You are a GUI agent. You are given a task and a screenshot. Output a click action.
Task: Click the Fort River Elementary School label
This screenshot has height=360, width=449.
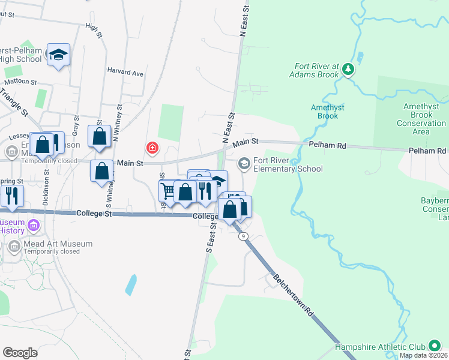(x=288, y=164)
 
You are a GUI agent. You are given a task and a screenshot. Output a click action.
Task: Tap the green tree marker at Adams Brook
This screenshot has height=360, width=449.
(x=348, y=70)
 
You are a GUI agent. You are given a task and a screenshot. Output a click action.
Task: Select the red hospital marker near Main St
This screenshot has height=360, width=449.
(x=153, y=147)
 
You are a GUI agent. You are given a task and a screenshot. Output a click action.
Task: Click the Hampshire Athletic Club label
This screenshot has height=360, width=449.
(x=379, y=347)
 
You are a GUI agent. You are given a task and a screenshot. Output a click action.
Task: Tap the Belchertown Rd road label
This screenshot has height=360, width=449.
(x=294, y=296)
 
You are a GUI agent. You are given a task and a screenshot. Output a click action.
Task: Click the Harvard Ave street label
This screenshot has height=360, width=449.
(x=125, y=73)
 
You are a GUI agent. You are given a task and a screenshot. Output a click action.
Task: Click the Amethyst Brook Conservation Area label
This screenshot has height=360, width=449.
(x=421, y=119)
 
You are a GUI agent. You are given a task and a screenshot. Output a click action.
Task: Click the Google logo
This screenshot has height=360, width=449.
(x=20, y=352)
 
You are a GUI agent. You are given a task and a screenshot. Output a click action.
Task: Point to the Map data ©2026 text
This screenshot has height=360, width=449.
(x=424, y=355)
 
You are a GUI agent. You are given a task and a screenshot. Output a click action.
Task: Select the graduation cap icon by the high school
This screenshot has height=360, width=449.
(x=58, y=55)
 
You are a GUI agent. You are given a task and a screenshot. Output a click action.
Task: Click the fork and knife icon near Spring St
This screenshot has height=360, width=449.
(x=11, y=194)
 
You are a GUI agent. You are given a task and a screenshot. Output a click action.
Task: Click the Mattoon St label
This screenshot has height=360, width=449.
(x=20, y=82)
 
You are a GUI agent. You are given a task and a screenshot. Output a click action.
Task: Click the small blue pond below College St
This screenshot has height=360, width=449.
(x=131, y=284)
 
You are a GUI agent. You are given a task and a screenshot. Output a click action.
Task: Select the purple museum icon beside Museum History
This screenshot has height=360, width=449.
(x=34, y=226)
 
